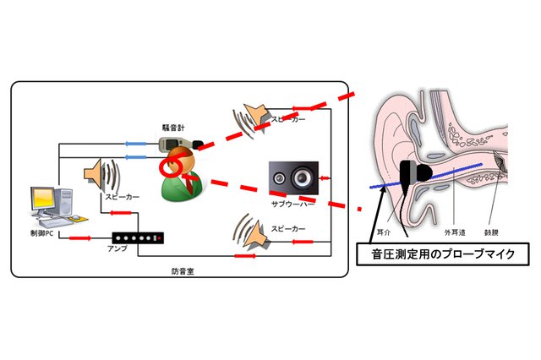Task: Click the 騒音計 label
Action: coord(173,127)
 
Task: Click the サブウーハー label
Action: coord(292,204)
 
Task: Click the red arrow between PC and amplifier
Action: coord(80,237)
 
